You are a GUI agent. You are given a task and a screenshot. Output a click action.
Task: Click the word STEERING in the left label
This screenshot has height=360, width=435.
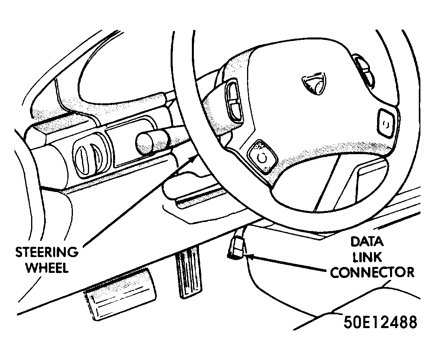[47, 252]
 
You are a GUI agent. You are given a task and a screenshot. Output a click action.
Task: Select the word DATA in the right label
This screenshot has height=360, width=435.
[367, 241]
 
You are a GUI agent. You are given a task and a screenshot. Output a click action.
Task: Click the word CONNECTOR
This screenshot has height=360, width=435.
[372, 272]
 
